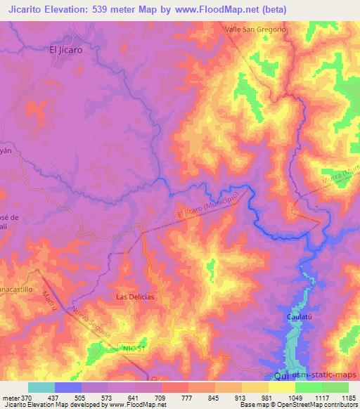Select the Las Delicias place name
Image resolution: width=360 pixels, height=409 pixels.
point(135,297)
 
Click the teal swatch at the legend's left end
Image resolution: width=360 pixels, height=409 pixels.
point(41,387)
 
